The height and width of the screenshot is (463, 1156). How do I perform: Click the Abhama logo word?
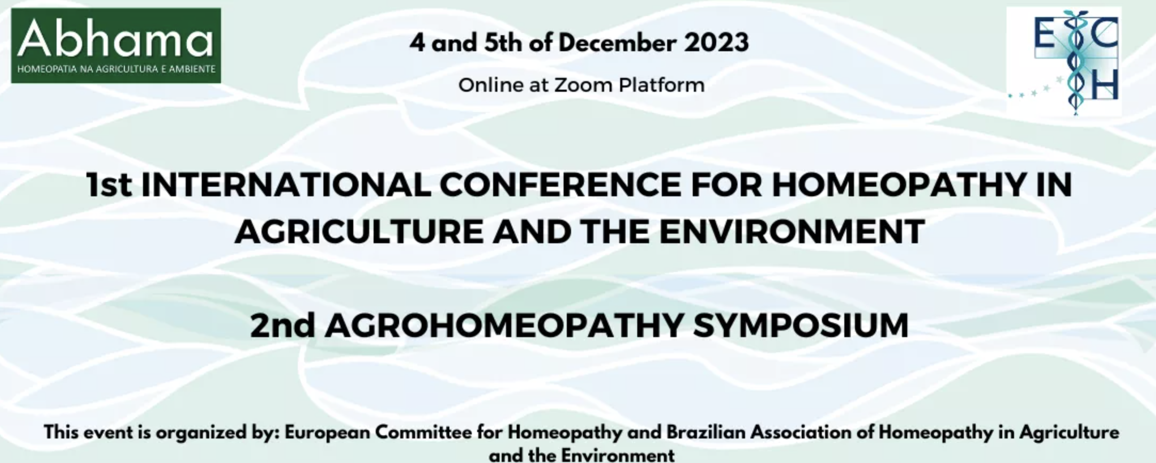[x=115, y=38]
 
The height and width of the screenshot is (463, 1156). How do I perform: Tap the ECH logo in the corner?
[x=1064, y=61]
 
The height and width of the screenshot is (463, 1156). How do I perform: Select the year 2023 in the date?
[x=716, y=43]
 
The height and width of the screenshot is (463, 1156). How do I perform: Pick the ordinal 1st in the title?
[x=109, y=185]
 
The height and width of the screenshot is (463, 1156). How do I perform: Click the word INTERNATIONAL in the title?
[x=286, y=185]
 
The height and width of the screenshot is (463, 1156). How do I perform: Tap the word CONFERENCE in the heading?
[x=560, y=185]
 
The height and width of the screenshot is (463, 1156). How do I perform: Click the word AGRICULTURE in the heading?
[x=359, y=232]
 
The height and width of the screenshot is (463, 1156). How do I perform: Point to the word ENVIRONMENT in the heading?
[x=792, y=232]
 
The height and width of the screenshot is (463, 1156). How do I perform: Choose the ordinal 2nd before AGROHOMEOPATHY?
[x=282, y=325]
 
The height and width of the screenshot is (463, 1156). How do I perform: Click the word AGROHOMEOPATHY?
[x=504, y=325]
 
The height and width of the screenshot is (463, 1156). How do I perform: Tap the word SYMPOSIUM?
[x=801, y=325]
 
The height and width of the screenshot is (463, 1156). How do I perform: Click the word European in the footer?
[x=327, y=432]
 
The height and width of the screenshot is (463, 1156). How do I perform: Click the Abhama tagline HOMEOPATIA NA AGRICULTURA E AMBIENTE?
[x=116, y=69]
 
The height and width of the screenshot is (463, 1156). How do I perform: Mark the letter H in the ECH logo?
[x=1104, y=84]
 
